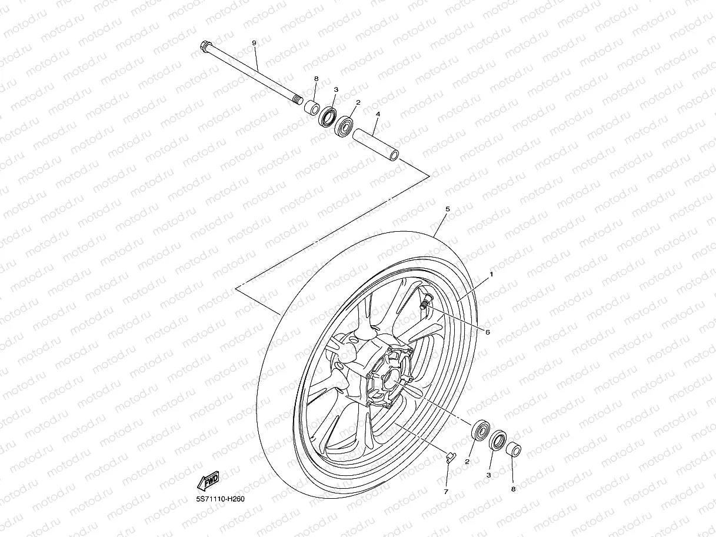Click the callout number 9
[254, 44]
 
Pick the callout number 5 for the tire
[448, 209]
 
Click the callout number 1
[492, 274]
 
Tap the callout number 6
[488, 332]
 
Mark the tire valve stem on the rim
[425, 302]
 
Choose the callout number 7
[445, 491]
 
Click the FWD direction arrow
[208, 482]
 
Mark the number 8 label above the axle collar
[316, 78]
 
